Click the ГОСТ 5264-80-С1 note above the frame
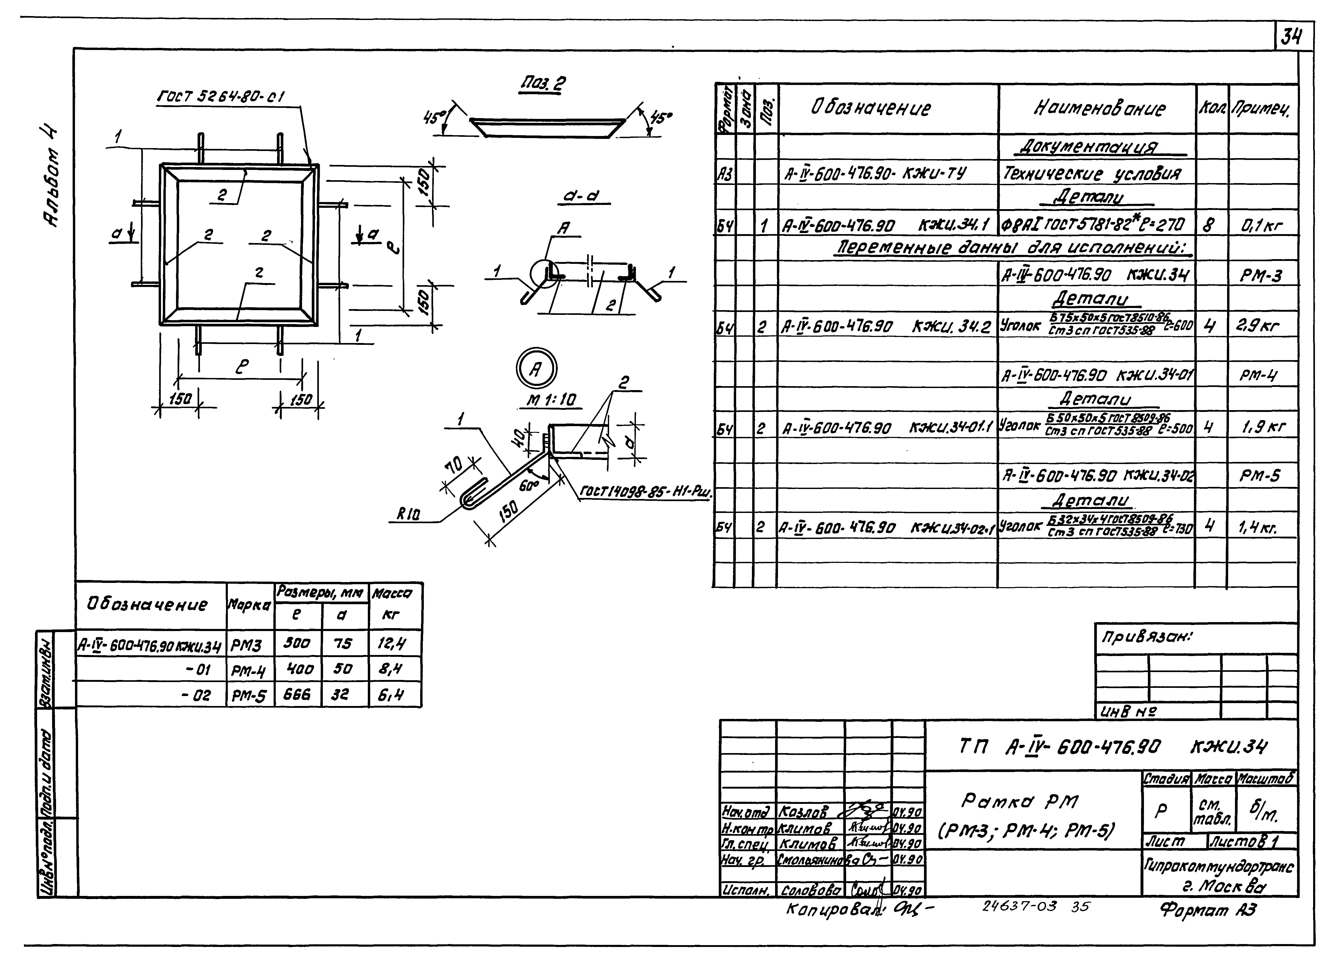click(x=221, y=96)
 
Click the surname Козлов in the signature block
click(x=802, y=812)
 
